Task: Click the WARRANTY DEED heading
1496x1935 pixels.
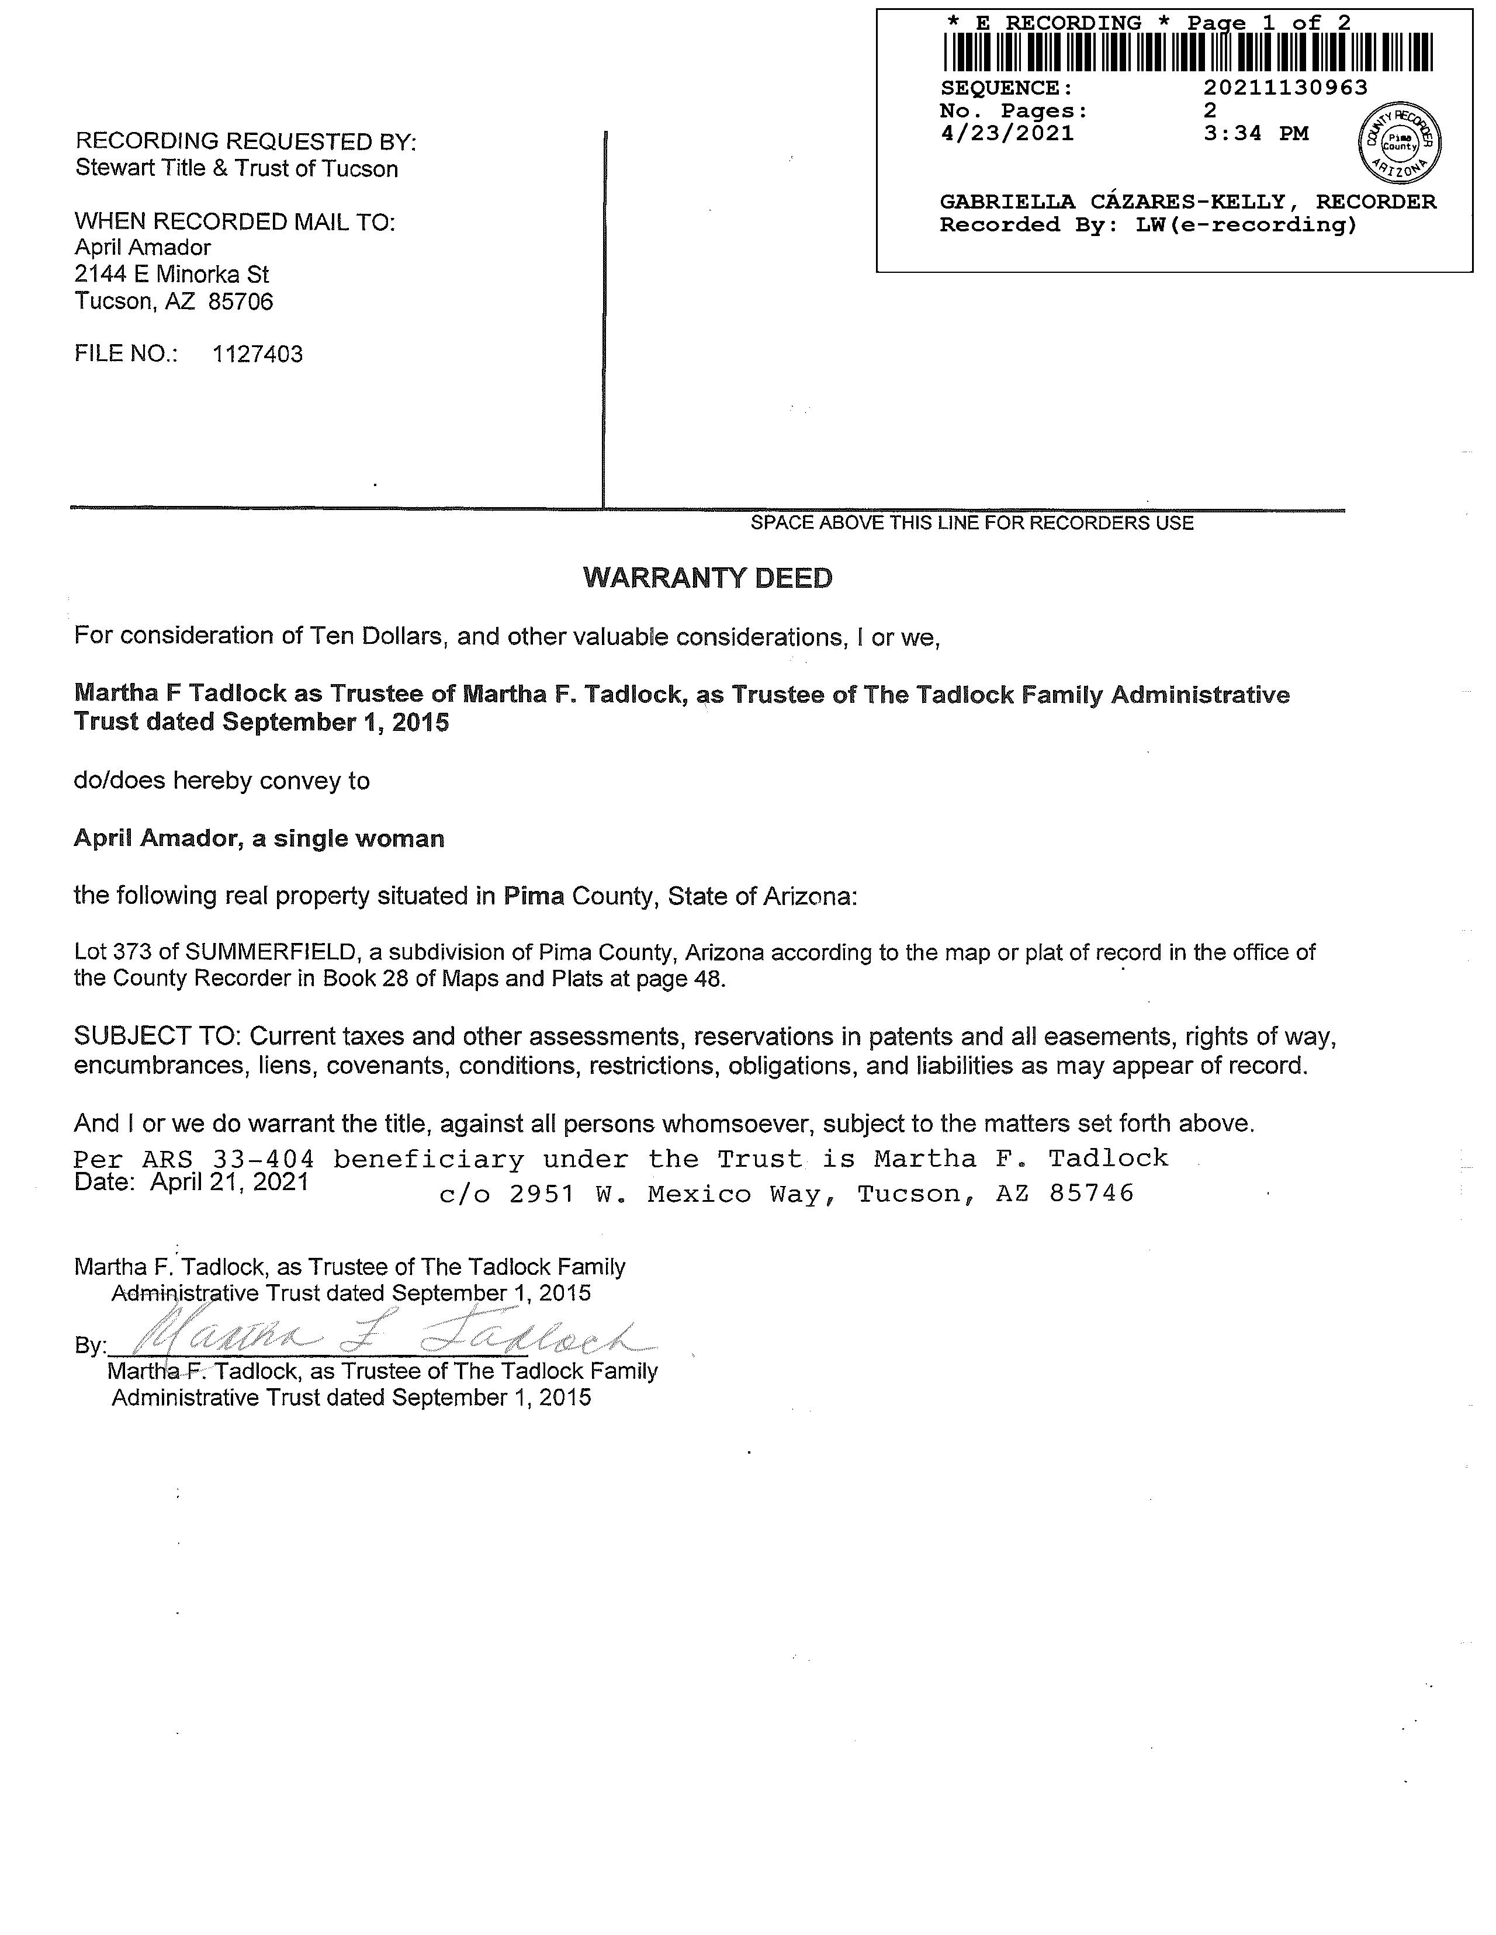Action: (707, 578)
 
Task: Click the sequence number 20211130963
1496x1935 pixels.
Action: (1285, 88)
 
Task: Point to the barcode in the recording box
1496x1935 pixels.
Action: (1187, 52)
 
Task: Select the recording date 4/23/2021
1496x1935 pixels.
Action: (1007, 134)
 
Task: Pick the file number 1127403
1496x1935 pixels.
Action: (257, 355)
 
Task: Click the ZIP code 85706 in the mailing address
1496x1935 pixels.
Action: (241, 302)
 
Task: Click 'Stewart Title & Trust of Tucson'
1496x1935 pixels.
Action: (237, 169)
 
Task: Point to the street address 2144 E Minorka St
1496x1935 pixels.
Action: (172, 275)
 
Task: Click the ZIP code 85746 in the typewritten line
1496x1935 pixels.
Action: (1091, 1194)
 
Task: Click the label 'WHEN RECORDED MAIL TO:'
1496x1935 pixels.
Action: (235, 221)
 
